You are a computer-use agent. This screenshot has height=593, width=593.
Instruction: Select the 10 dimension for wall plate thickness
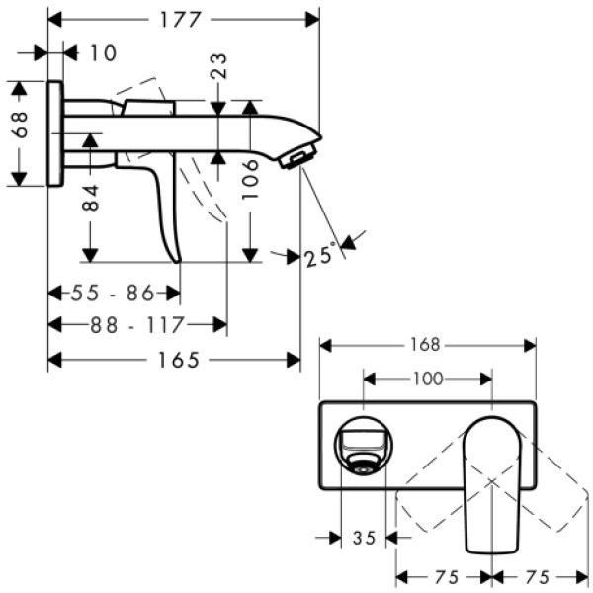[x=102, y=52]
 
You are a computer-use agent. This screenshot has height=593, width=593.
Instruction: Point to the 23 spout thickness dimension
[x=219, y=66]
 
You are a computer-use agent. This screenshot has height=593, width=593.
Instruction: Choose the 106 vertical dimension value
[x=251, y=181]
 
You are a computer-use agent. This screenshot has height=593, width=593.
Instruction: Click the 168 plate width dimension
[x=426, y=345]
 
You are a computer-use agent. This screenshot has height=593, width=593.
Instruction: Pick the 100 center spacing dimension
[x=427, y=379]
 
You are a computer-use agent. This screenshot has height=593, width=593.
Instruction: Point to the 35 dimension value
[x=364, y=539]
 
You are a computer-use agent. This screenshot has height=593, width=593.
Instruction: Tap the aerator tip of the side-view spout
[x=300, y=154]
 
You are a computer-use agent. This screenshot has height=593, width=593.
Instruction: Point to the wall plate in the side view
[x=56, y=133]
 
